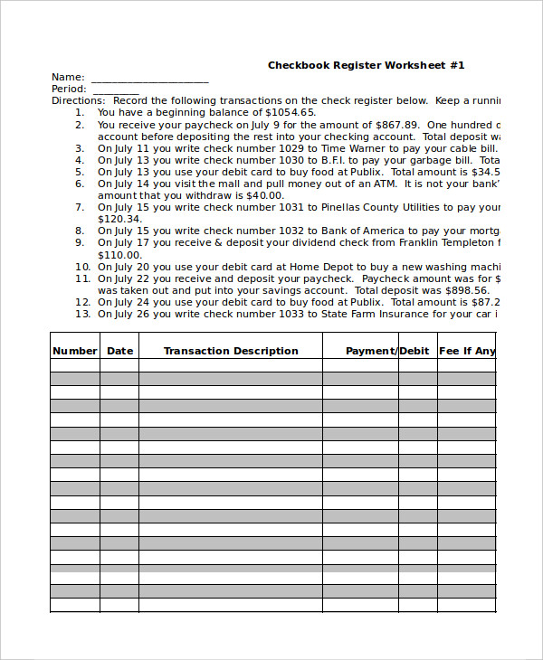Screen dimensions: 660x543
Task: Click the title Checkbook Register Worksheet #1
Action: (x=366, y=65)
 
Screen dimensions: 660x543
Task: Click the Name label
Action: (x=68, y=78)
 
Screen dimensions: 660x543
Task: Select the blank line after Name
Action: (x=149, y=80)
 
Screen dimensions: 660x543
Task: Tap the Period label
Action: (x=69, y=90)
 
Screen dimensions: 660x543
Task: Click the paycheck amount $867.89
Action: (x=398, y=125)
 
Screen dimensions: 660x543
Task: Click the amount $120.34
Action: (x=119, y=219)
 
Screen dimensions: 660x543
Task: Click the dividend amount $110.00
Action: (x=119, y=254)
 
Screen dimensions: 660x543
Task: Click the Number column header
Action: (x=74, y=351)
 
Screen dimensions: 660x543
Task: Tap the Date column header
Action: (x=119, y=351)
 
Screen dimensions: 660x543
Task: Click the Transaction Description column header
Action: (x=231, y=351)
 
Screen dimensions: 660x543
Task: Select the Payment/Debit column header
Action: (x=387, y=351)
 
